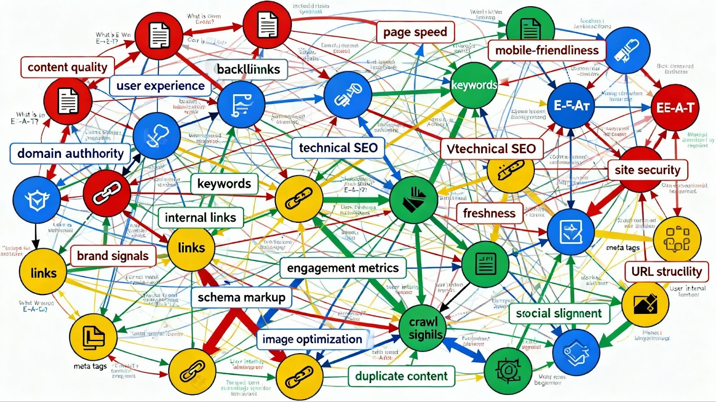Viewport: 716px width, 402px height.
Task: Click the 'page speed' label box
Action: click(415, 32)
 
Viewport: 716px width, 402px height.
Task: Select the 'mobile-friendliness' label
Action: click(546, 50)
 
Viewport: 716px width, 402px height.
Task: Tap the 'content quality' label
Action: click(68, 67)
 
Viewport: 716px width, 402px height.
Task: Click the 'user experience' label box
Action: click(160, 86)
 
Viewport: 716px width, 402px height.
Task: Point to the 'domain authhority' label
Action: click(70, 153)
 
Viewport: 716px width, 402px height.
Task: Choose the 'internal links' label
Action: click(200, 218)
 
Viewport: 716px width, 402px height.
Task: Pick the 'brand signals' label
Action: click(113, 256)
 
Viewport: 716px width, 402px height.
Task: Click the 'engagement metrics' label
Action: click(343, 268)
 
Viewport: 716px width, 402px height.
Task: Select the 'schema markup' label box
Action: click(241, 297)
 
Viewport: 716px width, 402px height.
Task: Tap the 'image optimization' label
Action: click(312, 339)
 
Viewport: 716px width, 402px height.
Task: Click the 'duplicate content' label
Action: click(401, 376)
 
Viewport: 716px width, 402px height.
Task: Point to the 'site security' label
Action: click(647, 170)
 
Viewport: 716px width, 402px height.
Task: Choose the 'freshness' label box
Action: click(489, 213)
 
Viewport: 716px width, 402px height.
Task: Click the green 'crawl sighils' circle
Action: click(423, 328)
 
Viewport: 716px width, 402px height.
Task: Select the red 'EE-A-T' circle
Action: click(675, 107)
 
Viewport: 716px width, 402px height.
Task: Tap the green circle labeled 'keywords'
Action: click(474, 85)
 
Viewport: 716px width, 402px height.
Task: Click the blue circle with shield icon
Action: click(37, 199)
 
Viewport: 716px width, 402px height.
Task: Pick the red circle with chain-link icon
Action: click(107, 193)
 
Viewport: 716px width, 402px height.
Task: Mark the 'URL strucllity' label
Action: click(666, 271)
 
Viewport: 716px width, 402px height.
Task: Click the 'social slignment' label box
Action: click(559, 313)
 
